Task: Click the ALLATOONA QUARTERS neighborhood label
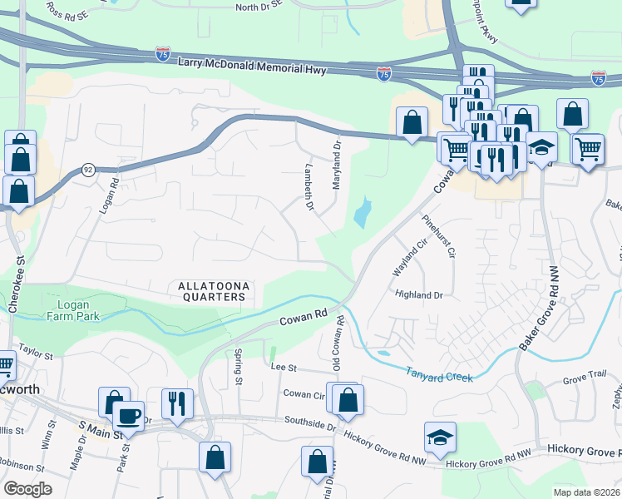(212, 291)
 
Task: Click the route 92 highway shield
(88, 170)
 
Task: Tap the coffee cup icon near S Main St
(128, 414)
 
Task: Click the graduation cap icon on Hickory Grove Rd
(440, 435)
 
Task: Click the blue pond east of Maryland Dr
(362, 215)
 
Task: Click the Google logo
(27, 488)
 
